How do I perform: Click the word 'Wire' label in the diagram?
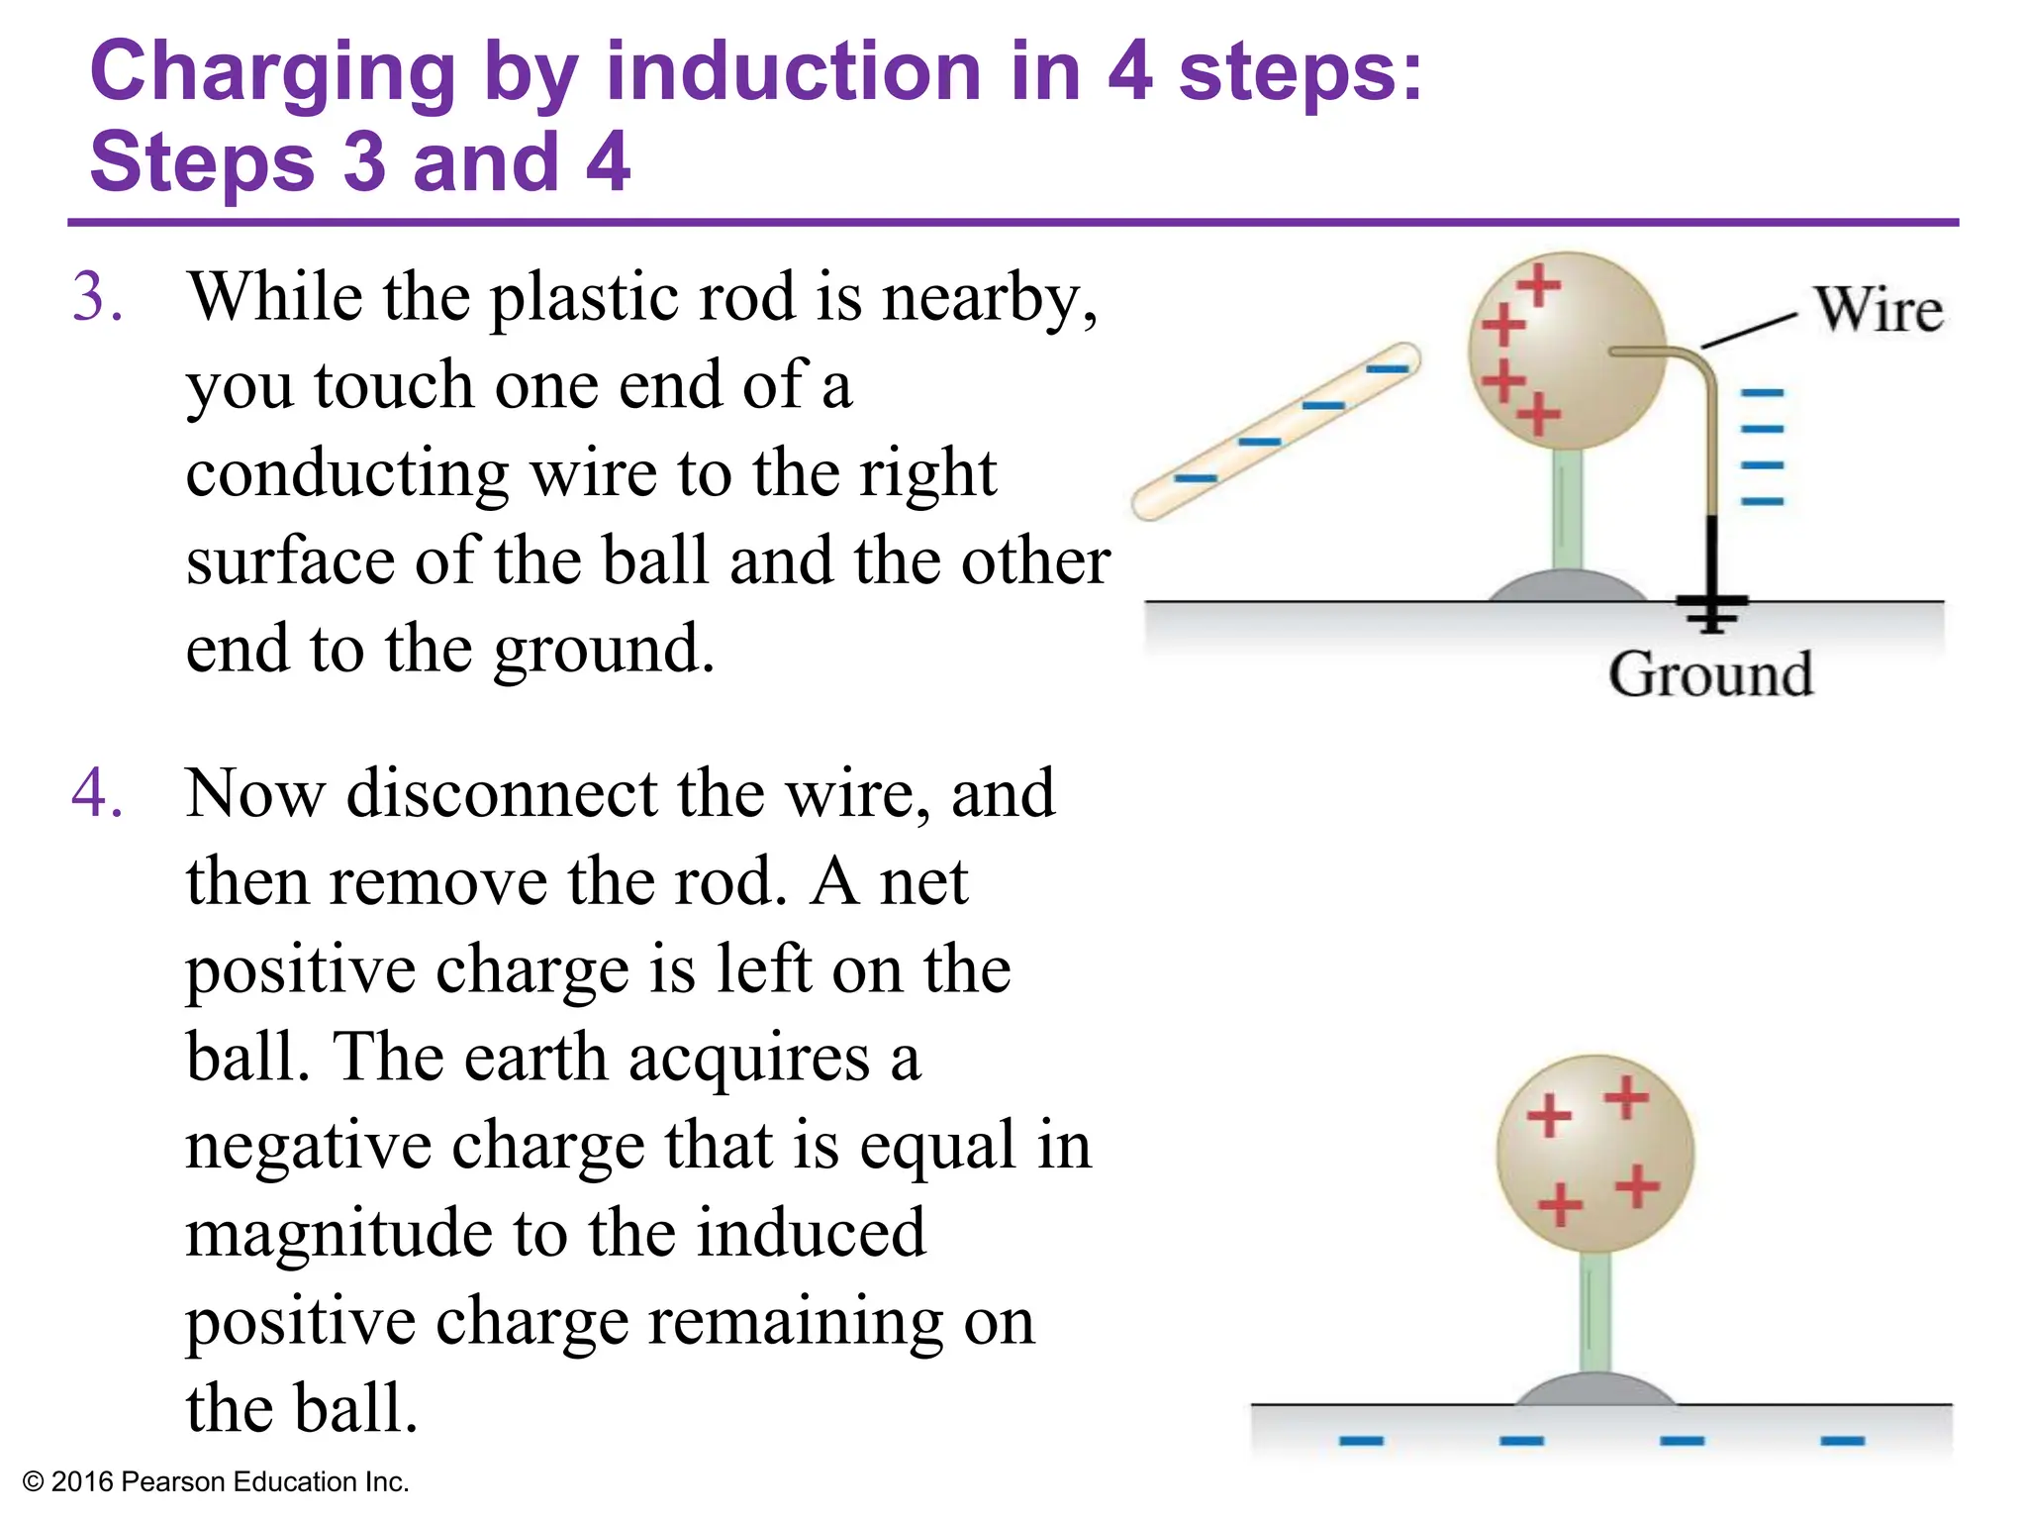[x=1878, y=309]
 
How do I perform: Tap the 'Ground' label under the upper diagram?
[x=1710, y=674]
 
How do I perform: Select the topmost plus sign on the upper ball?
[x=1538, y=286]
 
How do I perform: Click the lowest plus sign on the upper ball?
[x=1538, y=413]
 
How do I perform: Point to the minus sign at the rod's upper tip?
[x=1387, y=369]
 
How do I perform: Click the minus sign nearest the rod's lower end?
[x=1196, y=479]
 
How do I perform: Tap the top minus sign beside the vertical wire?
[x=1762, y=393]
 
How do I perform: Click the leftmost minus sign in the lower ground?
[x=1361, y=1440]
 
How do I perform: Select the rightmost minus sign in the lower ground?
[x=1842, y=1440]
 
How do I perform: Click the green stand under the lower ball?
[x=1594, y=1312]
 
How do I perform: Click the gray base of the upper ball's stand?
[x=1567, y=586]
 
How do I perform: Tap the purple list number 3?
[x=97, y=297]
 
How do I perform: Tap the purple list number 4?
[x=97, y=793]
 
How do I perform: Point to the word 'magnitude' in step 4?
[x=338, y=1234]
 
